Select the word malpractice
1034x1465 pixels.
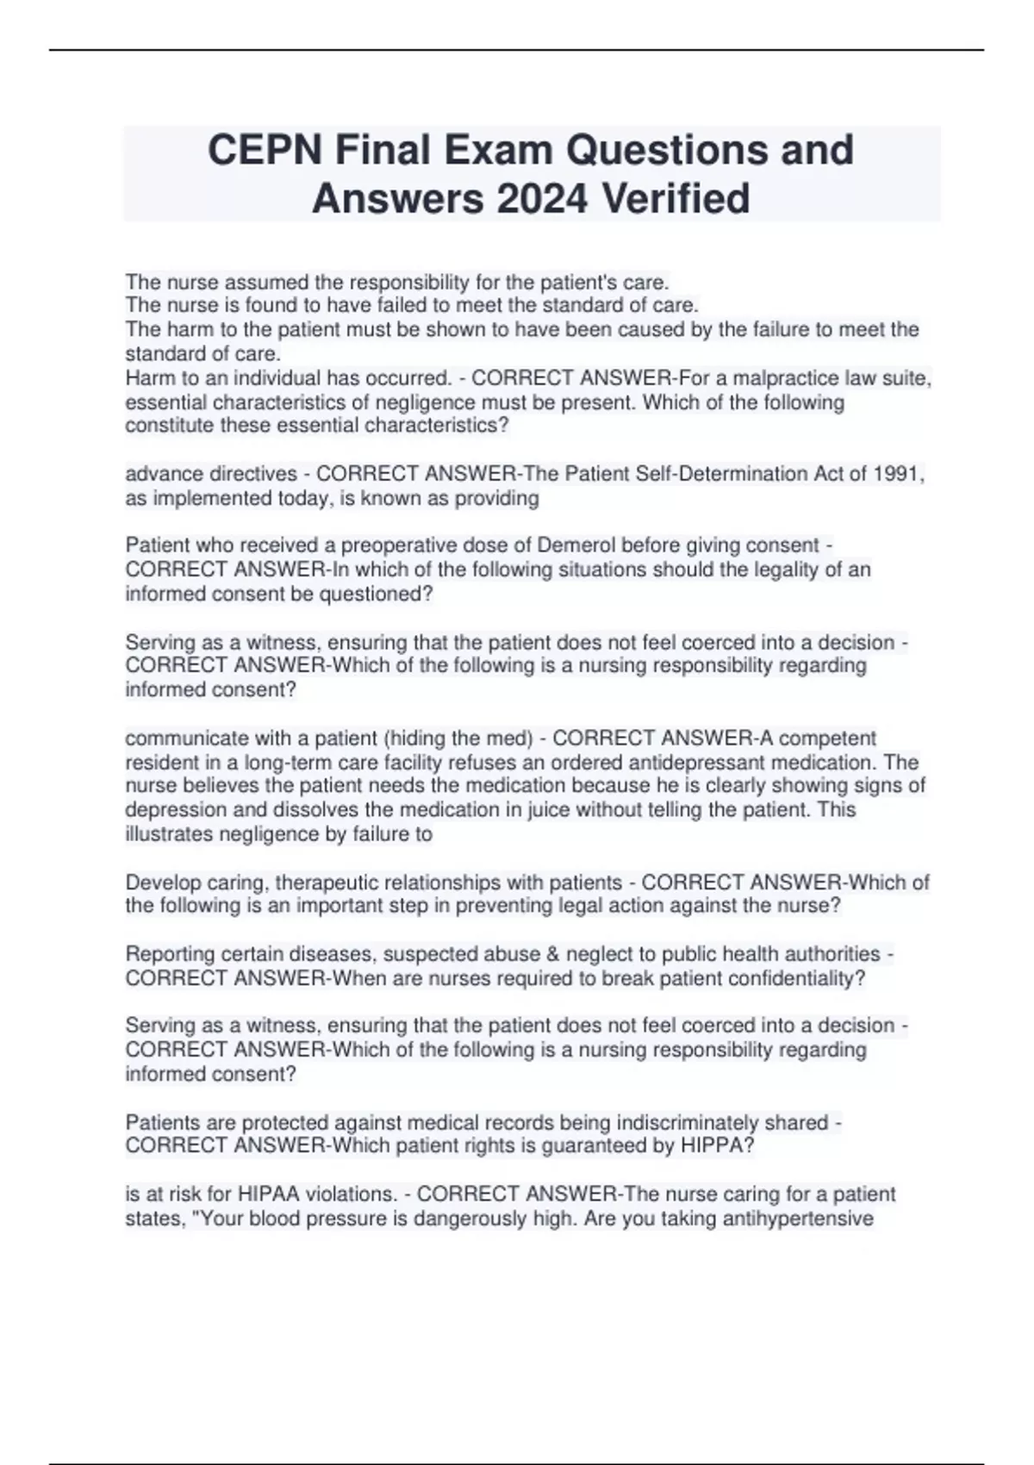(x=786, y=378)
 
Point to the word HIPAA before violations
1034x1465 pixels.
(x=270, y=1194)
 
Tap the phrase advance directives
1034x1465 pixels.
(x=211, y=474)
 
